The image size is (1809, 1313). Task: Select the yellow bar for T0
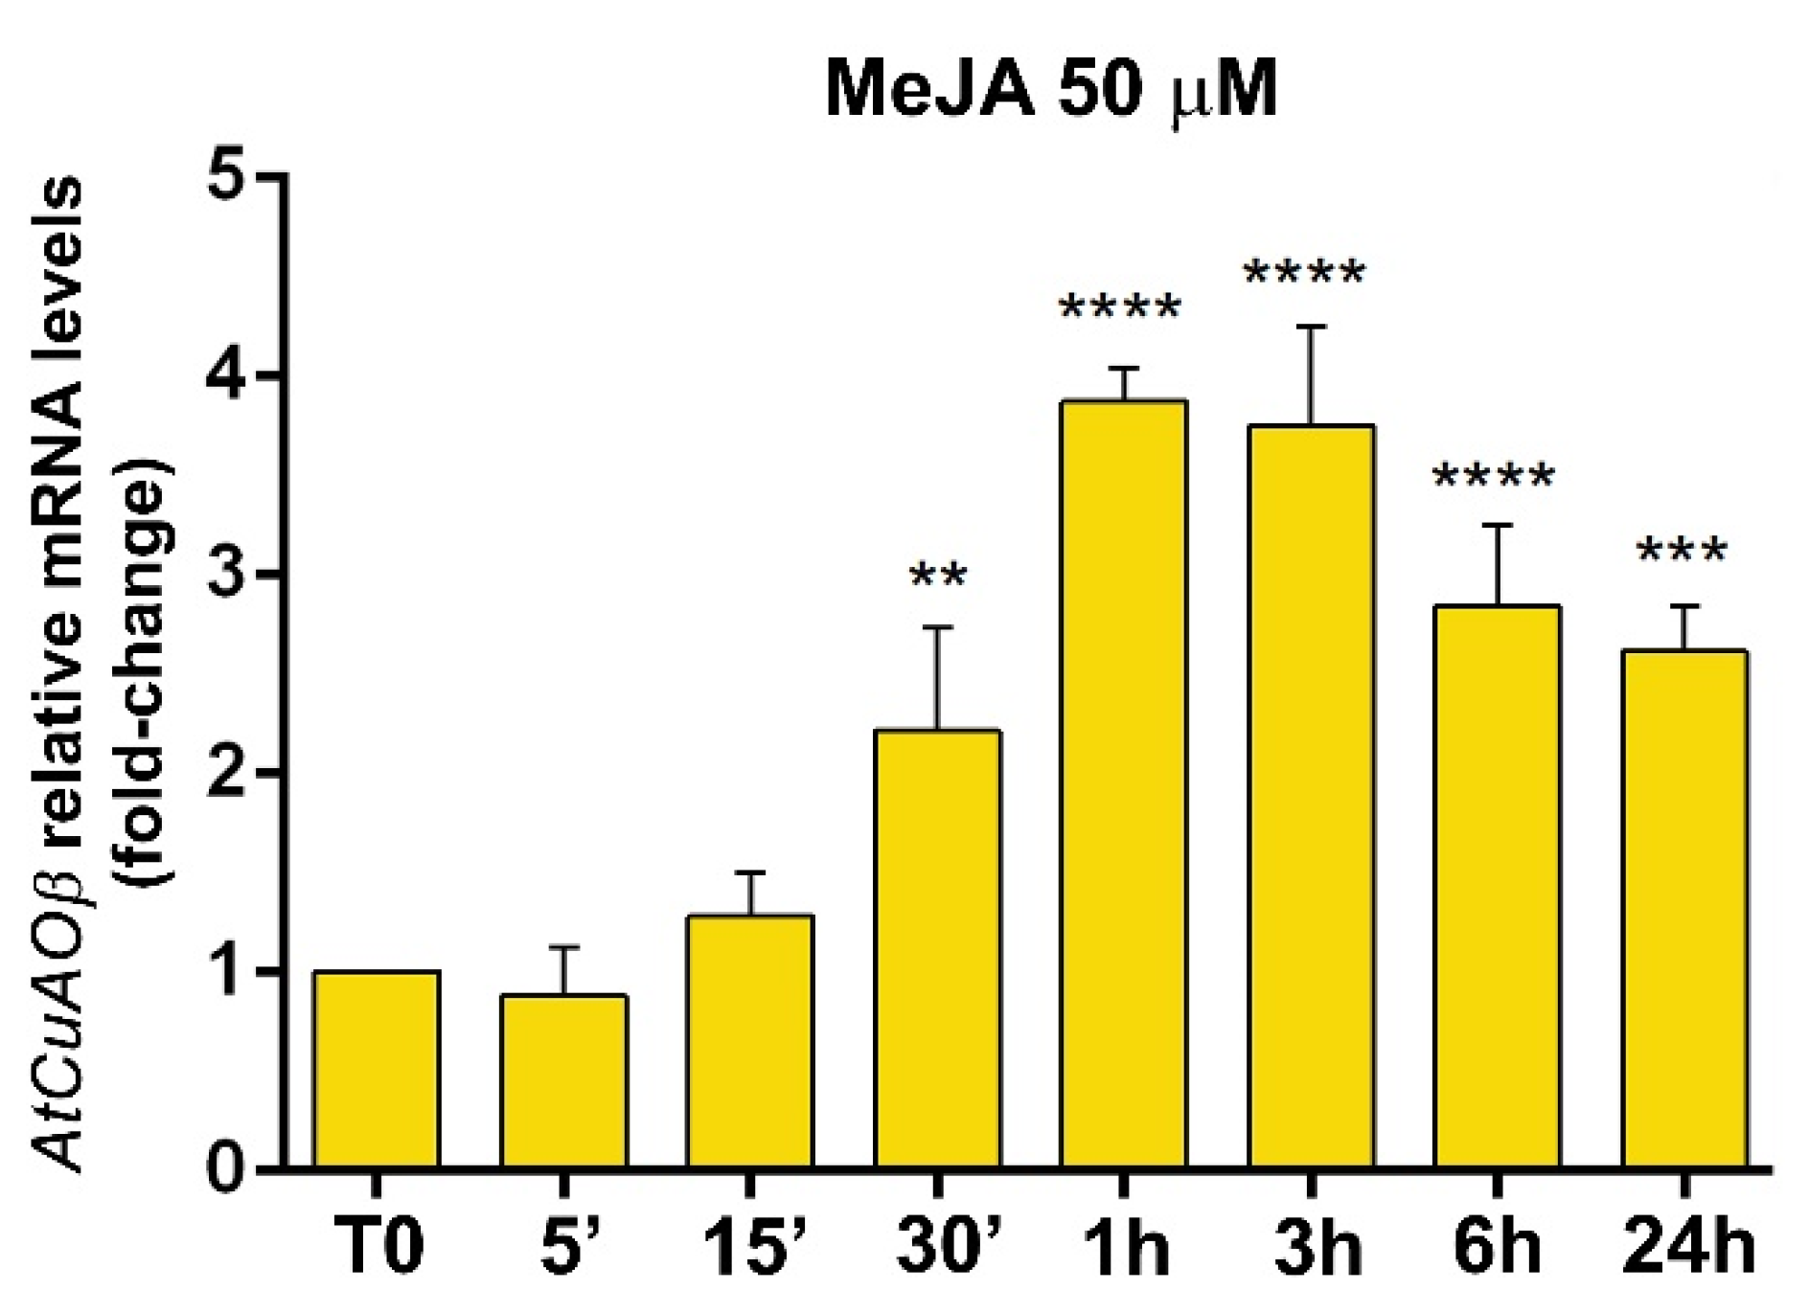[x=377, y=1070]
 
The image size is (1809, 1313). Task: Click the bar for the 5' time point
[x=563, y=1082]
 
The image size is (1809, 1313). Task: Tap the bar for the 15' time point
[x=750, y=1042]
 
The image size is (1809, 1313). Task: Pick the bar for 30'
[x=937, y=948]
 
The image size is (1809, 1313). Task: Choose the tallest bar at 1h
[x=1123, y=785]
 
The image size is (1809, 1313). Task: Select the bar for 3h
[x=1311, y=797]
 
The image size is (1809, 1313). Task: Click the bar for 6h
[x=1497, y=887]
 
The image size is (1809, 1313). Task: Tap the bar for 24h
[x=1683, y=910]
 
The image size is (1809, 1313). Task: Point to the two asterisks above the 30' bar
[x=938, y=578]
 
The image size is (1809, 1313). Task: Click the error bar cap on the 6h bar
[x=1497, y=525]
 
